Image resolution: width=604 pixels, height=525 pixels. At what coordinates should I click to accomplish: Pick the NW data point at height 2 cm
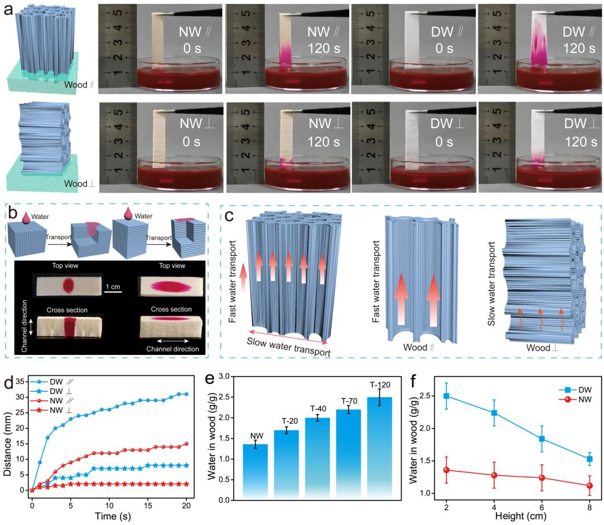tap(446, 470)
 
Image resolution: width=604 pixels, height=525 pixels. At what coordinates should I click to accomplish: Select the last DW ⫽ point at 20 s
tap(186, 394)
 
